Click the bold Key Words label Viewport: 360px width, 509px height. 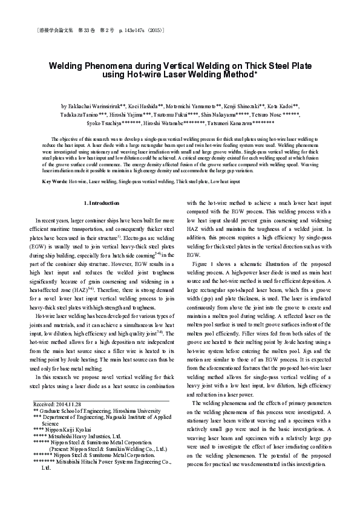coord(55,164)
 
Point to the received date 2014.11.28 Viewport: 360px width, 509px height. coord(66,403)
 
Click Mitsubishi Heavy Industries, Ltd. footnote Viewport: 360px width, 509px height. coord(85,435)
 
